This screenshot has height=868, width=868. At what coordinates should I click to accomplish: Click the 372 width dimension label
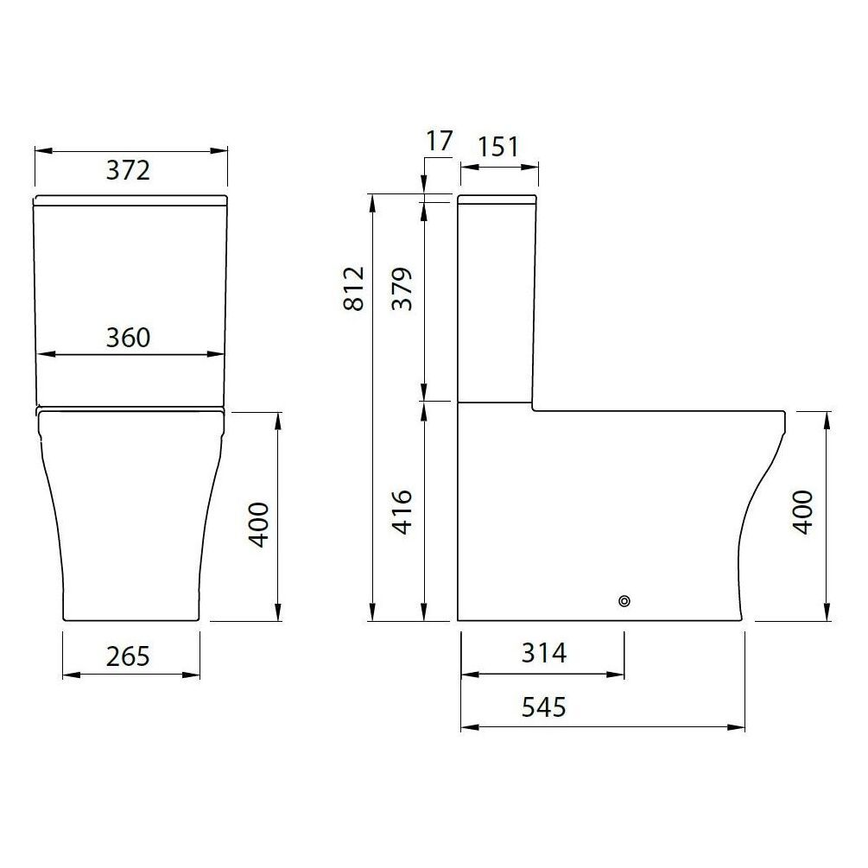point(129,170)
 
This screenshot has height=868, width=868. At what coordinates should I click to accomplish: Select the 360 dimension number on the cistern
point(129,337)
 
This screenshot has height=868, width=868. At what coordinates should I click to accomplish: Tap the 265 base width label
point(129,656)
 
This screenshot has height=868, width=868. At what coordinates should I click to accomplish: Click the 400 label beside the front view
point(259,523)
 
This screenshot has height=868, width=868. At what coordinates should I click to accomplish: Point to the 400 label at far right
point(803,512)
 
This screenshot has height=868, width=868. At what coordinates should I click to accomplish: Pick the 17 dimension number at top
point(439,141)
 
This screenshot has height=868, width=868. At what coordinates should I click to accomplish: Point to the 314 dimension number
point(544,654)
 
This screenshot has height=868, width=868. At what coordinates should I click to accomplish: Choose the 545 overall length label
point(544,708)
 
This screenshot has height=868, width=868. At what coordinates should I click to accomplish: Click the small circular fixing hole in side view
point(624,601)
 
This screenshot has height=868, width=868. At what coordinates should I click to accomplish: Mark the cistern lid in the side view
point(497,200)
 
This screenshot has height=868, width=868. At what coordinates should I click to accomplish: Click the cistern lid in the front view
point(130,201)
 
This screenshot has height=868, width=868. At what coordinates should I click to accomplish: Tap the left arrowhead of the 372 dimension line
point(40,150)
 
